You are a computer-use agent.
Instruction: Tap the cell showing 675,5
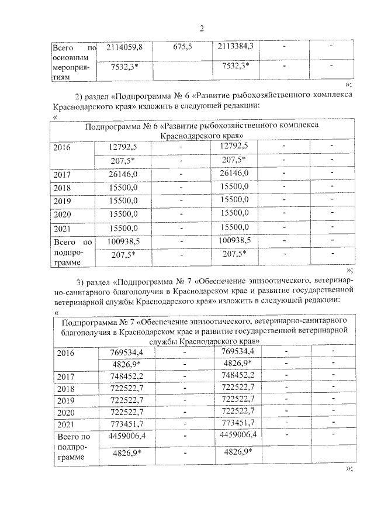[183, 47]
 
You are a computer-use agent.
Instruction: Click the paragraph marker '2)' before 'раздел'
[80, 96]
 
